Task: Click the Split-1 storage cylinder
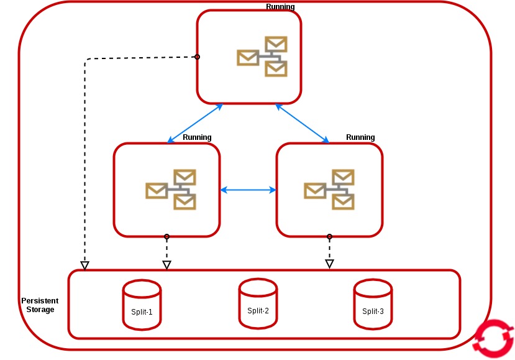[x=142, y=305]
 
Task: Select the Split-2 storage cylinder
[x=258, y=303]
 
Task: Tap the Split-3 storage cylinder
[x=373, y=305]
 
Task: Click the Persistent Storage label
[x=40, y=305]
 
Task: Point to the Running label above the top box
[x=280, y=7]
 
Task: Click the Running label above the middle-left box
[x=197, y=137]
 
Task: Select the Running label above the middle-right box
[x=360, y=137]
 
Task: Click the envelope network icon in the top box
[x=262, y=57]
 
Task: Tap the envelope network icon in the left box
[x=171, y=189]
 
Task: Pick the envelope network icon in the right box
[x=329, y=189]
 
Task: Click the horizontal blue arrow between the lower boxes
[x=248, y=190]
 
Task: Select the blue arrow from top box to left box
[x=195, y=122]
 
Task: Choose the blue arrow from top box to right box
[x=303, y=122]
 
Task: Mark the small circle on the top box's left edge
[x=197, y=57]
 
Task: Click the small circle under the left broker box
[x=166, y=236]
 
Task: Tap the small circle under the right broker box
[x=329, y=236]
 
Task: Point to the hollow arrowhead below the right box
[x=330, y=264]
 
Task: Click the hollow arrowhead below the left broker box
[x=166, y=265]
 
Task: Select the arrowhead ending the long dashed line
[x=85, y=265]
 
